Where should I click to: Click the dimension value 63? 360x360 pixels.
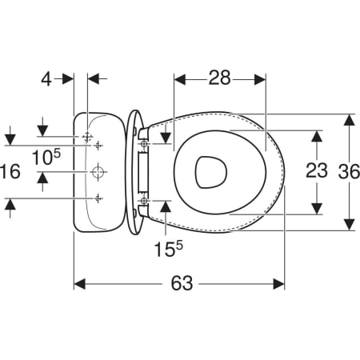tap(182, 283)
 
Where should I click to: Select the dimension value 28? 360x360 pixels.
tap(219, 78)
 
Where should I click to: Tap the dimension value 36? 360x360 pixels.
tap(349, 171)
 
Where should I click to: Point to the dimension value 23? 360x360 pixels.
tap(317, 170)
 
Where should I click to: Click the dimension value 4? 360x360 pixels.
tap(46, 79)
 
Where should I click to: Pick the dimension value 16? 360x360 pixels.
tap(10, 171)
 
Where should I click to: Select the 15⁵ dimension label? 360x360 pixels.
tap(169, 249)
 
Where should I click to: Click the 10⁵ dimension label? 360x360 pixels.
tap(46, 157)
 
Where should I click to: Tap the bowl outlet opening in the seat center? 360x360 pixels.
tap(210, 172)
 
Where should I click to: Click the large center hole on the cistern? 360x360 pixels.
tap(98, 172)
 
